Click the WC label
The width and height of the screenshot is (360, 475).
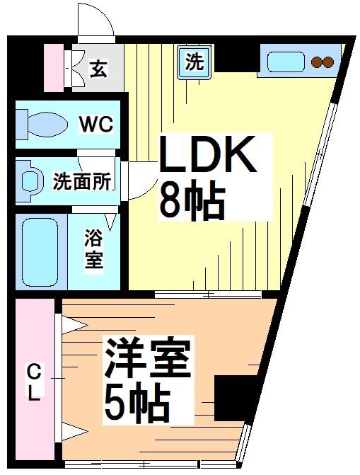(x=95, y=125)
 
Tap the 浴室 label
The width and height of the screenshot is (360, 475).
(x=94, y=247)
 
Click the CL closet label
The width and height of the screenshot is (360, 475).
(x=33, y=382)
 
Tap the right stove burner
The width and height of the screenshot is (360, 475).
(x=329, y=62)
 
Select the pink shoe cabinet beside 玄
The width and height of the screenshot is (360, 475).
(x=54, y=68)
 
